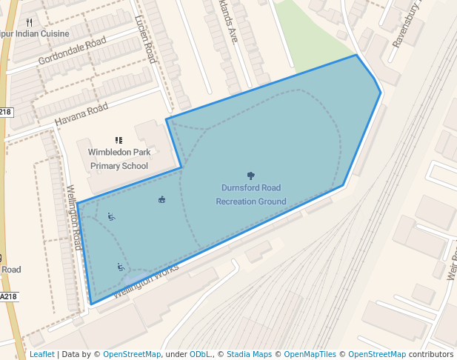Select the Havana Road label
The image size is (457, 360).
pyautogui.click(x=81, y=114)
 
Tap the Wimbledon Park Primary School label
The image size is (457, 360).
pyautogui.click(x=119, y=159)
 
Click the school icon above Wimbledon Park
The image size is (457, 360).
pyautogui.click(x=119, y=139)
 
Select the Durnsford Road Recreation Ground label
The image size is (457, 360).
pyautogui.click(x=251, y=194)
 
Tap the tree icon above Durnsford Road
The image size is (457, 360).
pyautogui.click(x=251, y=176)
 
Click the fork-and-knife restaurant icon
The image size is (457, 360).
pyautogui.click(x=29, y=22)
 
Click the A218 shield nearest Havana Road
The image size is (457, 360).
pyautogui.click(x=6, y=112)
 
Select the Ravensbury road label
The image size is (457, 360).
pyautogui.click(x=406, y=26)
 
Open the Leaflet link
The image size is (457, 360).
pyautogui.click(x=41, y=354)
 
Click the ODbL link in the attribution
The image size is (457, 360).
pyautogui.click(x=200, y=354)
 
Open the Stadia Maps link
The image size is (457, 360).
pyautogui.click(x=249, y=354)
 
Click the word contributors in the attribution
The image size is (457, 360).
pyautogui.click(x=430, y=354)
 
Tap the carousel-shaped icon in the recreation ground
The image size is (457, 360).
pyautogui.click(x=162, y=199)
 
